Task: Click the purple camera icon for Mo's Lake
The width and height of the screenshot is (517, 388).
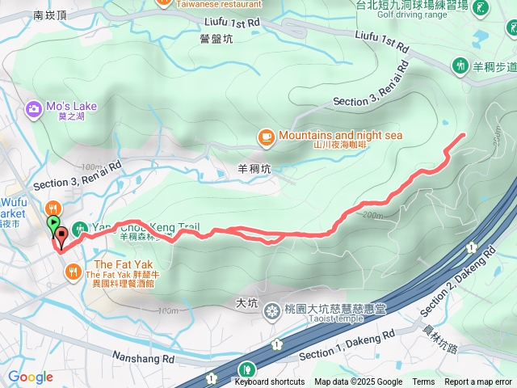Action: (x=34, y=108)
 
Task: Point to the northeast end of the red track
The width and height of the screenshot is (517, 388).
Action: (x=464, y=133)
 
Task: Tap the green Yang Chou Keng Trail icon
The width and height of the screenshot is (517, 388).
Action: (x=79, y=229)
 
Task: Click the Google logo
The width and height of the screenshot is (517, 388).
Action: (x=30, y=377)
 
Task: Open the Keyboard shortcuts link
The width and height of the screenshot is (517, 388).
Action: (x=270, y=382)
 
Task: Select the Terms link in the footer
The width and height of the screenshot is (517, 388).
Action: (x=423, y=382)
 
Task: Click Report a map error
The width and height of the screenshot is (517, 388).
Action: (x=478, y=382)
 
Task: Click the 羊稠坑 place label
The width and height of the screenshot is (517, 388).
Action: (x=254, y=170)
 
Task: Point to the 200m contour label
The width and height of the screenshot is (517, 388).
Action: (x=372, y=215)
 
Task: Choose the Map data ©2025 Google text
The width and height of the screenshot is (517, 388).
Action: (x=358, y=382)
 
